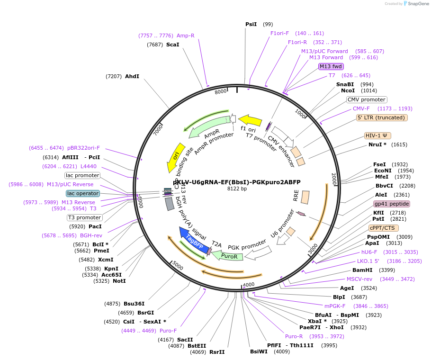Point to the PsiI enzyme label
251,24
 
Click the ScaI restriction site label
172,45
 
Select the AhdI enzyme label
132,76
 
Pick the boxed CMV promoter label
367,99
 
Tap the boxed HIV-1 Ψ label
377,135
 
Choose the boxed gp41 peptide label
391,204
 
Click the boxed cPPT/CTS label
383,227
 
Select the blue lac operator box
83,193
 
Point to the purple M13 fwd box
331,66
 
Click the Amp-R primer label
186,36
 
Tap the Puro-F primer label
168,331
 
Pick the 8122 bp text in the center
237,189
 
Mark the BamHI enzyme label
362,270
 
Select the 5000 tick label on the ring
178,265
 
